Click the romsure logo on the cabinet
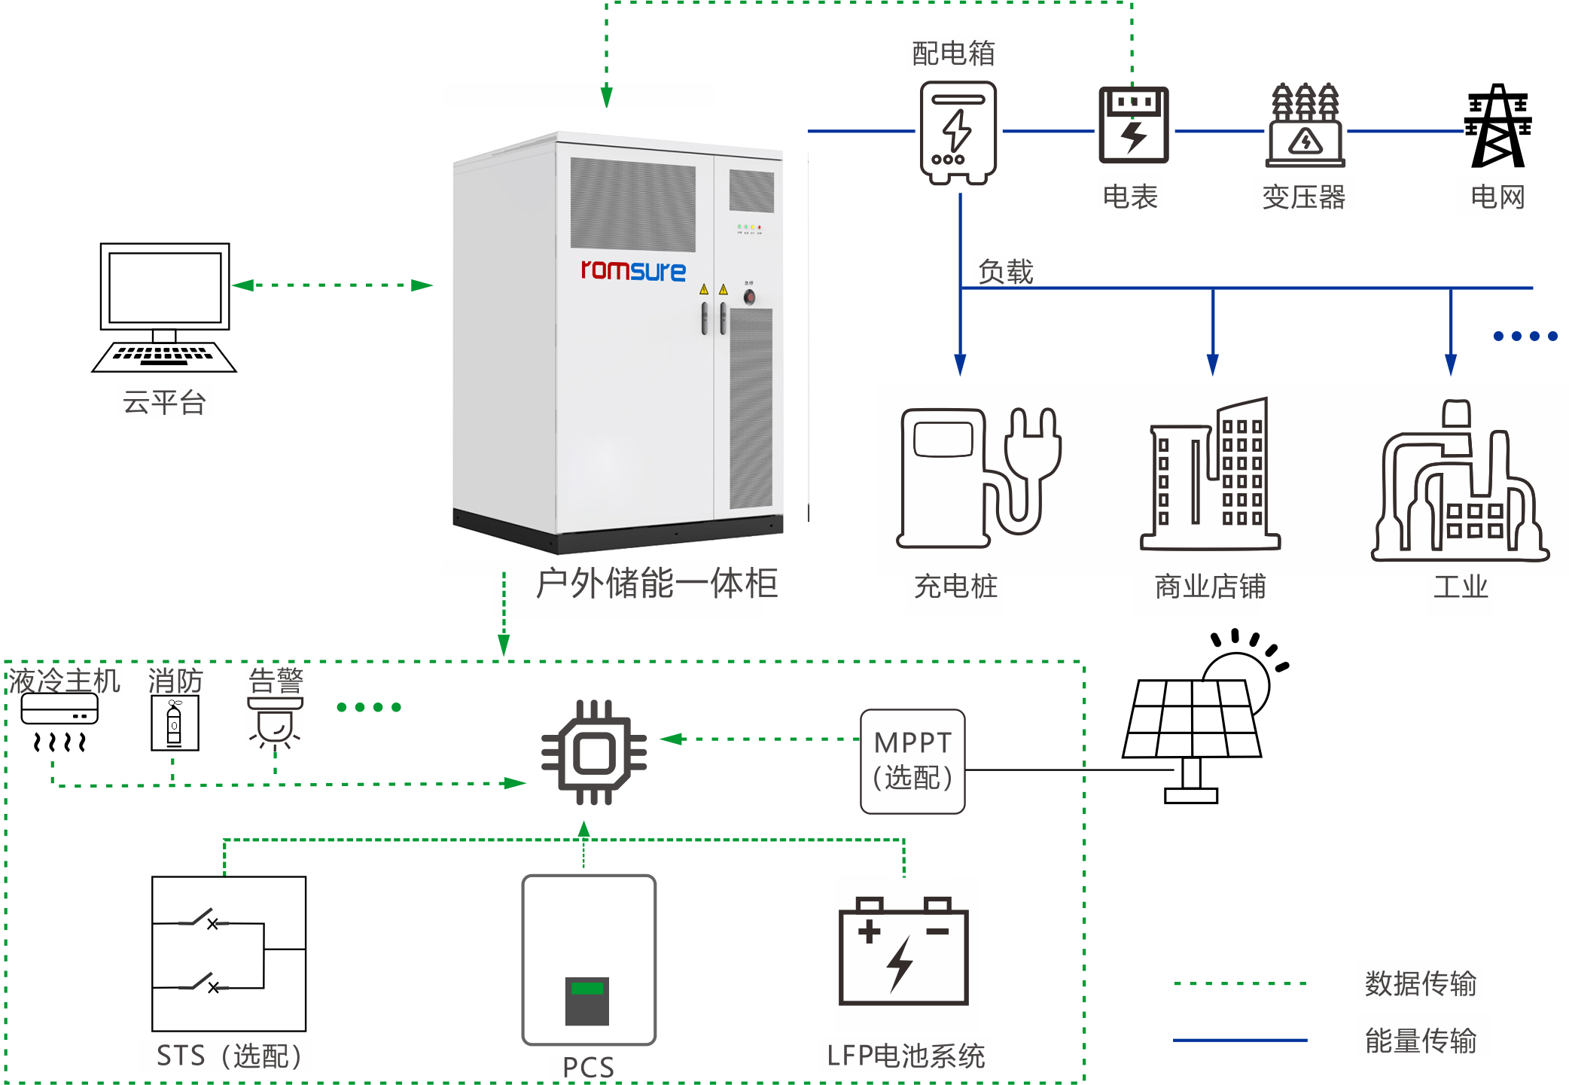pyautogui.click(x=633, y=270)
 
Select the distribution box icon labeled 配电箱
pyautogui.click(x=958, y=133)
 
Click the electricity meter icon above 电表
pyautogui.click(x=1133, y=125)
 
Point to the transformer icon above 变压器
pyautogui.click(x=1305, y=125)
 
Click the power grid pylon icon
pyautogui.click(x=1497, y=126)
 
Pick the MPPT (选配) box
pyautogui.click(x=912, y=760)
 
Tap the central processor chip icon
pyautogui.click(x=594, y=752)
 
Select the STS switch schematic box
pyautogui.click(x=229, y=953)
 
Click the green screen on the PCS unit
pyautogui.click(x=587, y=988)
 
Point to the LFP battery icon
pyautogui.click(x=903, y=951)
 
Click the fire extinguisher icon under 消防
pyautogui.click(x=175, y=723)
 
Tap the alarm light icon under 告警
pyautogui.click(x=276, y=723)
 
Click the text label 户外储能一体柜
pyautogui.click(x=657, y=584)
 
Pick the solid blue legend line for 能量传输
pyautogui.click(x=1239, y=1040)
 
